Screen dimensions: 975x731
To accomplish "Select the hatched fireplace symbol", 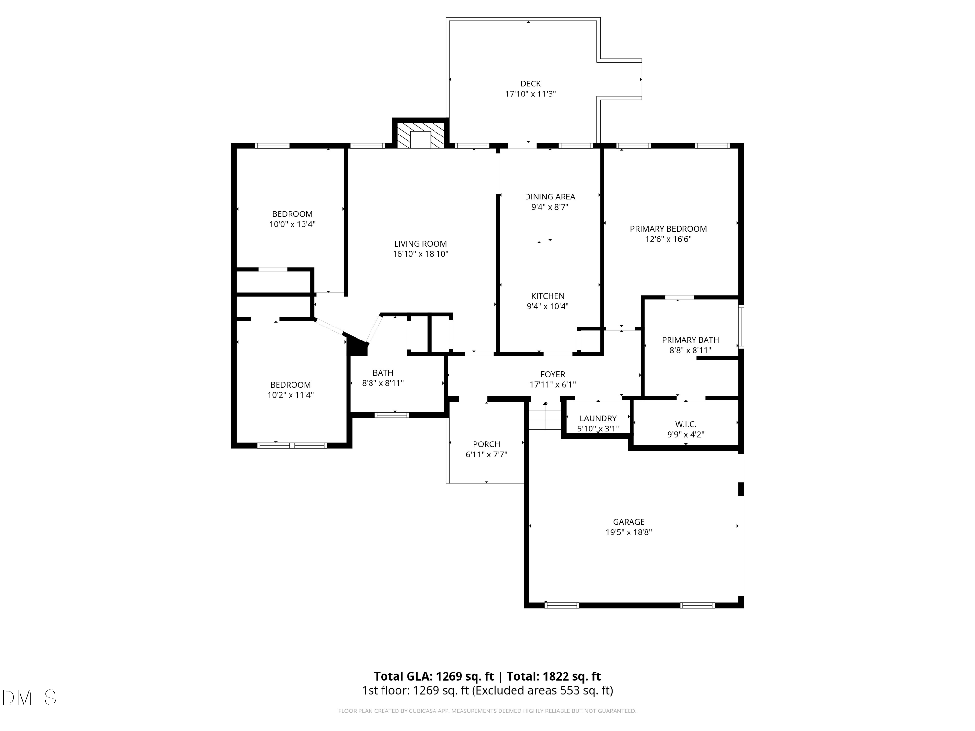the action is click(x=421, y=135).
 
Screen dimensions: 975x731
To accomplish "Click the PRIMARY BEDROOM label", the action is click(x=668, y=229).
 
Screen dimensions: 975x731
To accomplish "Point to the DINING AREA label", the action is click(x=550, y=197).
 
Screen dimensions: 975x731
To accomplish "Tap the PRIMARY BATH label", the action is click(x=690, y=340).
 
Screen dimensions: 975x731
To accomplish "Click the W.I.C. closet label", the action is click(x=686, y=424).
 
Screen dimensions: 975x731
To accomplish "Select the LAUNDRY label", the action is click(x=598, y=418).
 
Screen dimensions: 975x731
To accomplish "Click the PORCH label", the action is click(x=487, y=444).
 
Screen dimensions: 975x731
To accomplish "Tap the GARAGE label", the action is click(x=629, y=522).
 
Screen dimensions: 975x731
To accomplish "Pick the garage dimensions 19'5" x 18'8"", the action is click(x=629, y=532).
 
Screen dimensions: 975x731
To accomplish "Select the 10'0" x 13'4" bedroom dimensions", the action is click(x=292, y=224).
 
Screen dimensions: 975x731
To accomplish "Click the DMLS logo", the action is click(x=29, y=698).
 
